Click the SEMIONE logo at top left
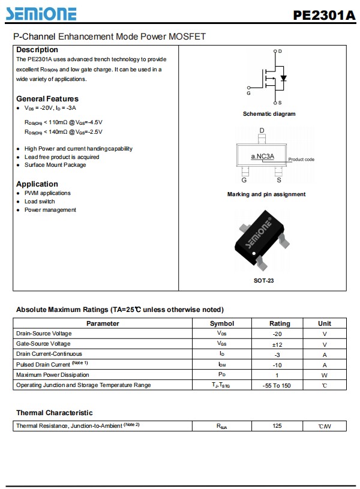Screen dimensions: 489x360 [x=45, y=13]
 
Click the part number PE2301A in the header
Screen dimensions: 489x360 [x=324, y=15]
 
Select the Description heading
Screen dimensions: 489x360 [x=37, y=50]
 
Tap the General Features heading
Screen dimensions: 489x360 [x=47, y=98]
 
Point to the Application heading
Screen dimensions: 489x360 [x=37, y=184]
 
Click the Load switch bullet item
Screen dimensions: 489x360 [x=40, y=202]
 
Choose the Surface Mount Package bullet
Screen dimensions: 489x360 [x=55, y=165]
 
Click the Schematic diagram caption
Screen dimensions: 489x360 [x=269, y=114]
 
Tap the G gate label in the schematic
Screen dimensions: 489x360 [x=248, y=94]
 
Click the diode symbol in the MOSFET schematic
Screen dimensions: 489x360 [x=284, y=78]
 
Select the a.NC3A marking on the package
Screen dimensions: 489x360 [x=263, y=157]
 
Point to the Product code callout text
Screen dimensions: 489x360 [x=301, y=160]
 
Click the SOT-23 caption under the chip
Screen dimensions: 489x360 [x=264, y=280]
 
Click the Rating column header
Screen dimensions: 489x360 [x=280, y=323]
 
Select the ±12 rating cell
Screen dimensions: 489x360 [x=277, y=344]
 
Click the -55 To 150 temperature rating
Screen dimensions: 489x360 [x=277, y=385]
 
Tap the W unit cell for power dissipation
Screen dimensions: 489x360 [x=325, y=375]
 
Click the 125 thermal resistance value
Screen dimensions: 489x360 [x=277, y=426]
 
